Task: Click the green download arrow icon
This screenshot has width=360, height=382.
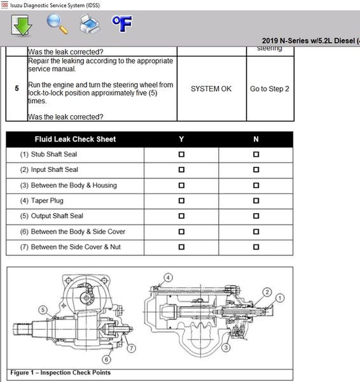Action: pyautogui.click(x=22, y=25)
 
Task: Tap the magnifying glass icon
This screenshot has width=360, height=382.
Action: pyautogui.click(x=57, y=24)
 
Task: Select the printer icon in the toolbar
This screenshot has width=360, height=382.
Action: pyautogui.click(x=90, y=24)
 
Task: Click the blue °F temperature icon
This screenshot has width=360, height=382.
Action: pyautogui.click(x=122, y=24)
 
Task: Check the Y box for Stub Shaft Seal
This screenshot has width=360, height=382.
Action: pyautogui.click(x=181, y=155)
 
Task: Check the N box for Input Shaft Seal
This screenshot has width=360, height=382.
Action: pyautogui.click(x=256, y=170)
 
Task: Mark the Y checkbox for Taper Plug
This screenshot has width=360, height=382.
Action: pyautogui.click(x=181, y=201)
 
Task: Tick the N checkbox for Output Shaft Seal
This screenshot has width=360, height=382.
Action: pyautogui.click(x=256, y=216)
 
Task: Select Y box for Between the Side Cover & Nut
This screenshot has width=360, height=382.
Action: pyautogui.click(x=181, y=247)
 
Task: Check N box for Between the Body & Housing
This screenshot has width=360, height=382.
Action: pyautogui.click(x=256, y=185)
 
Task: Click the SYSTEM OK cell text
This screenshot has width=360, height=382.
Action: pyautogui.click(x=211, y=89)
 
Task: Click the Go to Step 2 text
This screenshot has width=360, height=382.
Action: pyautogui.click(x=270, y=89)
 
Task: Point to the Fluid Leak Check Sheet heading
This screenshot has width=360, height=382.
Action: pyautogui.click(x=75, y=139)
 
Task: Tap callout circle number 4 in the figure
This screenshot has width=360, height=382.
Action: pyautogui.click(x=168, y=278)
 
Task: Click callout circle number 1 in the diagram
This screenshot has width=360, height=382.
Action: pyautogui.click(x=280, y=298)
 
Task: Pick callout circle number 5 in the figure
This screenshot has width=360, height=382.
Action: pyautogui.click(x=43, y=310)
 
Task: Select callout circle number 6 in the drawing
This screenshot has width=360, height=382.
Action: pyautogui.click(x=106, y=359)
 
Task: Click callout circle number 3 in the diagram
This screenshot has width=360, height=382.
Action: pyautogui.click(x=226, y=348)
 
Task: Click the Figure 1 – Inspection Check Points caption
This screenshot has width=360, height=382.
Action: pyautogui.click(x=60, y=372)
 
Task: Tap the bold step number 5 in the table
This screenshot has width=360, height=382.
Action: pyautogui.click(x=17, y=88)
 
